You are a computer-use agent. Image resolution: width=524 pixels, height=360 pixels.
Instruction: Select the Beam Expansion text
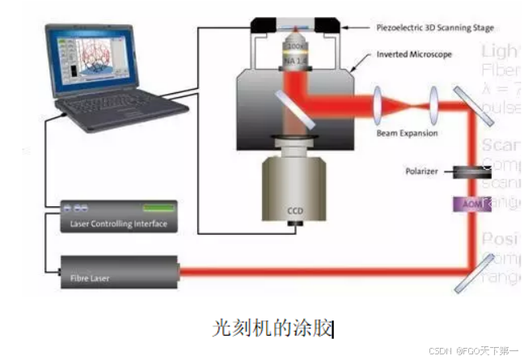407,132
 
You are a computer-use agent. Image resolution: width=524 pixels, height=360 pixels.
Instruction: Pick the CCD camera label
294,212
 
